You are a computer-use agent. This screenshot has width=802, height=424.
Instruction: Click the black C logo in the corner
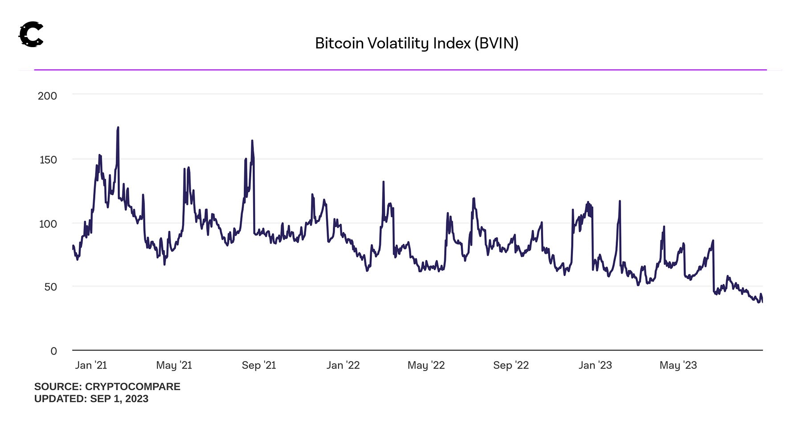click(31, 34)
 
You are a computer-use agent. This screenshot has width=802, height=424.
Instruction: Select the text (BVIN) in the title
click(496, 43)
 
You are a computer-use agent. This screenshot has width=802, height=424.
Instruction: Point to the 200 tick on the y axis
click(47, 96)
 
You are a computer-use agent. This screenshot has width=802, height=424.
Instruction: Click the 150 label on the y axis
click(48, 160)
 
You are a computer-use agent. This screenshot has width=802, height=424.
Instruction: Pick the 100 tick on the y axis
click(48, 224)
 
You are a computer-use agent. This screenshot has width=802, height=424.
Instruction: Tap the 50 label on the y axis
click(50, 287)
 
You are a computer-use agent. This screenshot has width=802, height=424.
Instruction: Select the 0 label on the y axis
click(53, 351)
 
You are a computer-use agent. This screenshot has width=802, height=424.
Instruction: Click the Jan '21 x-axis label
click(91, 365)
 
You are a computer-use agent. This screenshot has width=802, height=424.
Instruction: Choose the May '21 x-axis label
click(174, 365)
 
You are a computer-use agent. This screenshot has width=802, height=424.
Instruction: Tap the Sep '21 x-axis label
click(259, 365)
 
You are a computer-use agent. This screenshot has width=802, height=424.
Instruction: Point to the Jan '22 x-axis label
click(343, 365)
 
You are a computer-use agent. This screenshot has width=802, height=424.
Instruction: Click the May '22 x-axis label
click(426, 365)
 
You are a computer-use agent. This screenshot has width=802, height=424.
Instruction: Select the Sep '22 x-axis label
click(511, 365)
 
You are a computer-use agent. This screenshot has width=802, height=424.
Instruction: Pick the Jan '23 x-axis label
click(595, 365)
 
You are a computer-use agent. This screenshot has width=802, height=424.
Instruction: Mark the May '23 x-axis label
click(678, 365)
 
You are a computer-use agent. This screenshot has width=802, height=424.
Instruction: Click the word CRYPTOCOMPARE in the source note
click(132, 387)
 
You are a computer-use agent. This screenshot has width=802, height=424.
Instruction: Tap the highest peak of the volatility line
click(118, 128)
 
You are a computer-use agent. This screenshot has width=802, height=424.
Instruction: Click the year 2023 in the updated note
click(137, 399)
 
